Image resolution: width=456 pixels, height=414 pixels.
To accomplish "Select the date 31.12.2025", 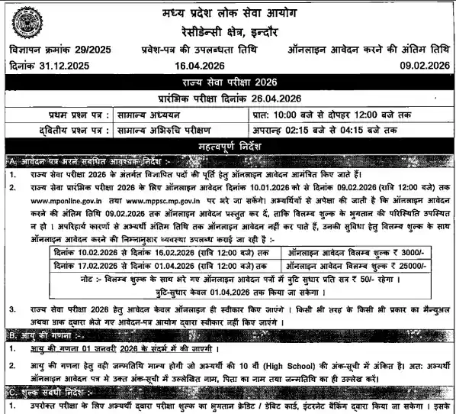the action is pyautogui.click(x=62, y=66).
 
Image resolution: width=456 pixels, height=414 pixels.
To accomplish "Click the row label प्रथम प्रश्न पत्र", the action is pyautogui.click(x=55, y=114).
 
